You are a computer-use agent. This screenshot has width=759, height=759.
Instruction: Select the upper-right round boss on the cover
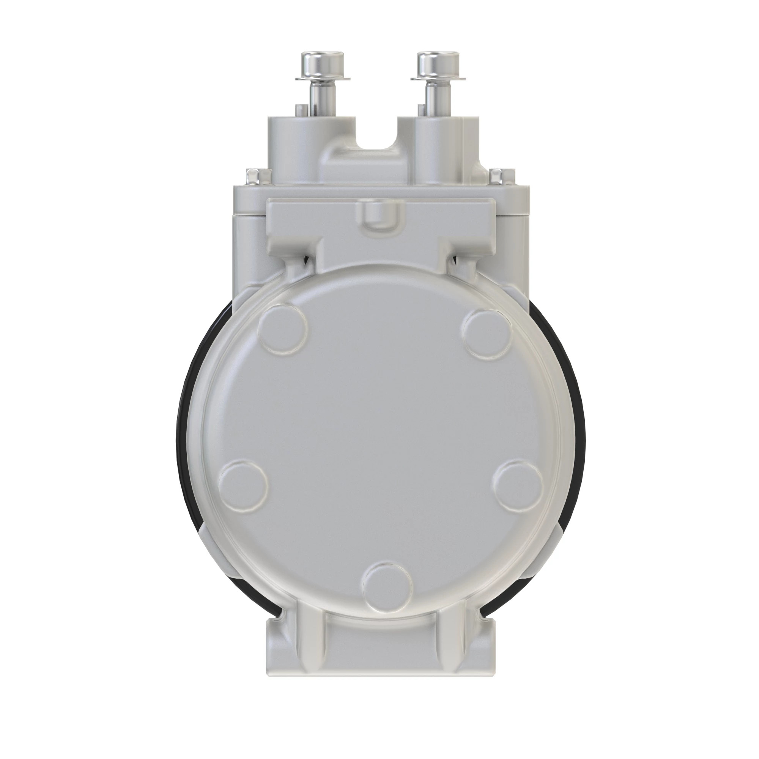[487, 328]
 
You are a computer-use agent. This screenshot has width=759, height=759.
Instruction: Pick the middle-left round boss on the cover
[242, 484]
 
